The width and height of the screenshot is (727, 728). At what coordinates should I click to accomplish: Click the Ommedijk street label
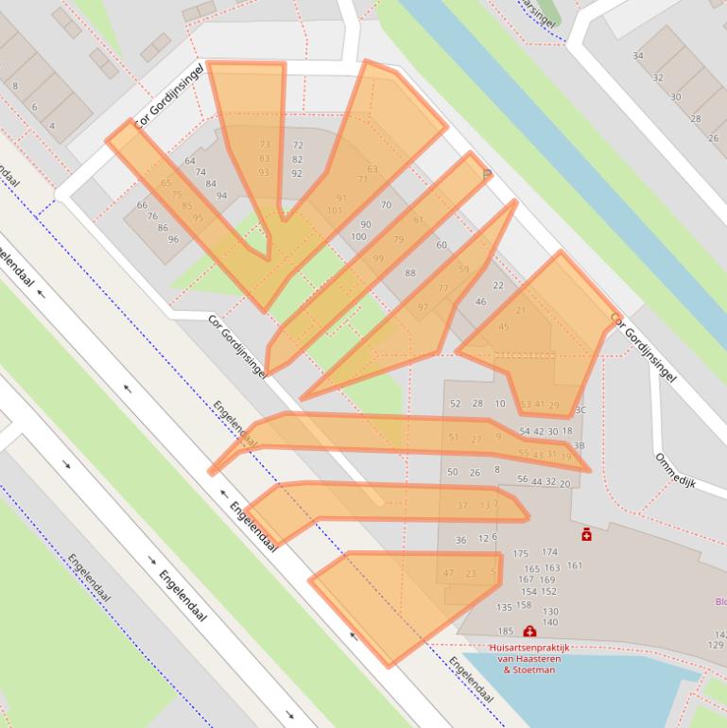(675, 470)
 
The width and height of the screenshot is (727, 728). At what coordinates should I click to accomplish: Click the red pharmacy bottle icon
(587, 534)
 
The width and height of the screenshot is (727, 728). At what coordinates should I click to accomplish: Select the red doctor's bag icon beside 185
(529, 631)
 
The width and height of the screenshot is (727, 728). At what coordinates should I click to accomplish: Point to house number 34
(638, 56)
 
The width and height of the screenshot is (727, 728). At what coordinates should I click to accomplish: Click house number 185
(506, 632)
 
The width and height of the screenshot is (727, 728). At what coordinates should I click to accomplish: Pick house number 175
(521, 553)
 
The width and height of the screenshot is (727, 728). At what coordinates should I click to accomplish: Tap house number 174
(549, 552)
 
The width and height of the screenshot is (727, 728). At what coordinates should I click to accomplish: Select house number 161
(575, 565)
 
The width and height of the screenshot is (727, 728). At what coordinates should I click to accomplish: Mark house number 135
(504, 607)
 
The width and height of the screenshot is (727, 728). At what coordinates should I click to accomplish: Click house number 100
(358, 236)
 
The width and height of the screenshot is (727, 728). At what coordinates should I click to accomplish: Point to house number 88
(410, 273)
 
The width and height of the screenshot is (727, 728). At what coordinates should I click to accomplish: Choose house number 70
(386, 204)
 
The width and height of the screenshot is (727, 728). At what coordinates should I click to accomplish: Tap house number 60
(441, 245)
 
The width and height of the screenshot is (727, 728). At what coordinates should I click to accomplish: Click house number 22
(498, 286)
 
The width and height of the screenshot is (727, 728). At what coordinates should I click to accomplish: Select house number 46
(480, 302)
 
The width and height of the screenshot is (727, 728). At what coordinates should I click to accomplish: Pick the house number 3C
(580, 409)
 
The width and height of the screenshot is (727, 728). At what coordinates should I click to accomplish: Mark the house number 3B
(580, 445)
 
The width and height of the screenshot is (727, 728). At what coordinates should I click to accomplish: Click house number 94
(221, 196)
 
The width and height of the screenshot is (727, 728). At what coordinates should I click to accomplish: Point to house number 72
(298, 146)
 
